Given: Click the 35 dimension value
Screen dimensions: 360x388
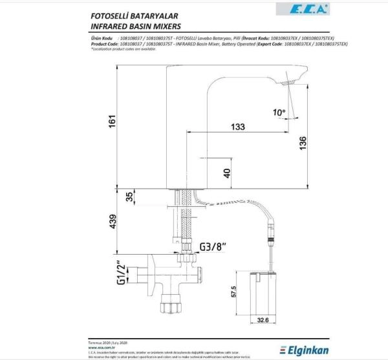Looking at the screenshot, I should tap(129, 197).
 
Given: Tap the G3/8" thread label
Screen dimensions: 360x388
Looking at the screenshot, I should tap(214, 246).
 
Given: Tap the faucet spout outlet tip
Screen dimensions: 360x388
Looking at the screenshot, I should tap(289, 82).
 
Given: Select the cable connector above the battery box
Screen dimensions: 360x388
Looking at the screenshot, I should tap(270, 235).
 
